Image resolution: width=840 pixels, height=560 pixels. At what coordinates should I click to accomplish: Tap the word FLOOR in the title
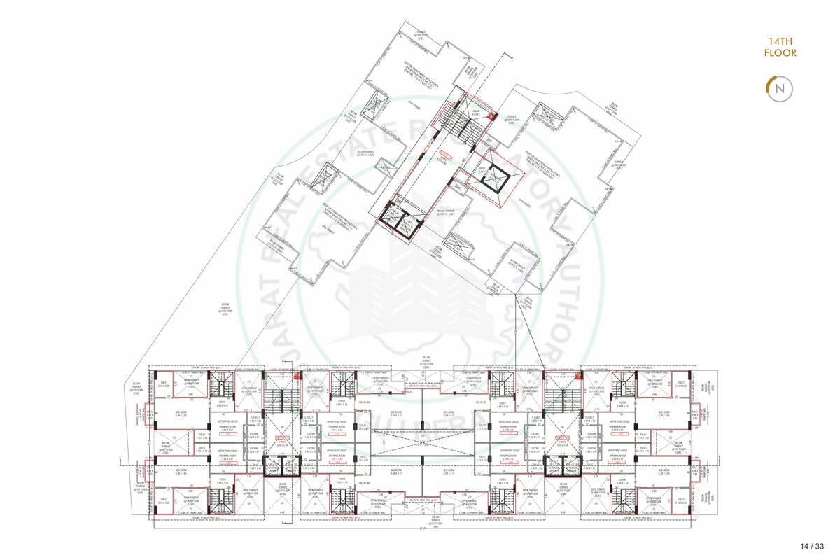tap(780, 53)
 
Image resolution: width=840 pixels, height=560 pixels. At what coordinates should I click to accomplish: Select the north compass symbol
tap(780, 89)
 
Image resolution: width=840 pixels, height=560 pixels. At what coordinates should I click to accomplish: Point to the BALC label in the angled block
tap(482, 170)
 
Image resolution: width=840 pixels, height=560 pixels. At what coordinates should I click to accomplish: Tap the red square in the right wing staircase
tap(577, 377)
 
